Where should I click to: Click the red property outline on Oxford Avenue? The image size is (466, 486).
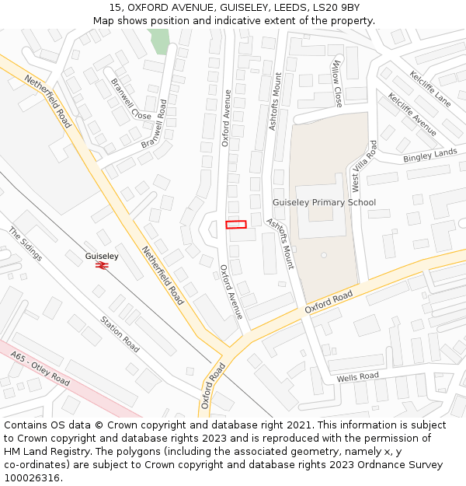[235, 225]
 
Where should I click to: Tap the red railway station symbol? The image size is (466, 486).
[102, 265]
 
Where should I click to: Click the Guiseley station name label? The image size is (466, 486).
[102, 255]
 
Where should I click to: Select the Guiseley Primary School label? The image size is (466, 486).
[324, 202]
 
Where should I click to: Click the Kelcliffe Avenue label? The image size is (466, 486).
[412, 114]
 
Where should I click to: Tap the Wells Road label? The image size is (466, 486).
[357, 377]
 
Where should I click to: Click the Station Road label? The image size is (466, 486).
[120, 334]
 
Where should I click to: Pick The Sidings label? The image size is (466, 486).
[26, 243]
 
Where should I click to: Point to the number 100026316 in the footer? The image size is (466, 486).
[30, 477]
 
